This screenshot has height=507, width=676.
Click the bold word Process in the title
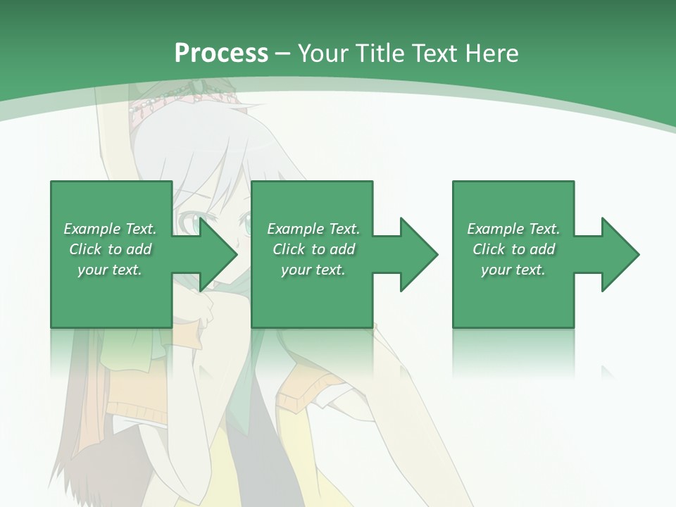[x=221, y=54]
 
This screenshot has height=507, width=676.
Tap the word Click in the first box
[x=85, y=249]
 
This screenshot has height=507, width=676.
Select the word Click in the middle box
[x=289, y=249]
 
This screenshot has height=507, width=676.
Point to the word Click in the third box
[x=489, y=249]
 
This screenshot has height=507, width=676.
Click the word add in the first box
[x=139, y=249]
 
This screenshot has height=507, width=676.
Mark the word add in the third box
[x=542, y=249]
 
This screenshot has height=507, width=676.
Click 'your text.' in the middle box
[x=313, y=270]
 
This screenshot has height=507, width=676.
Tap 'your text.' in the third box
[x=513, y=270]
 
